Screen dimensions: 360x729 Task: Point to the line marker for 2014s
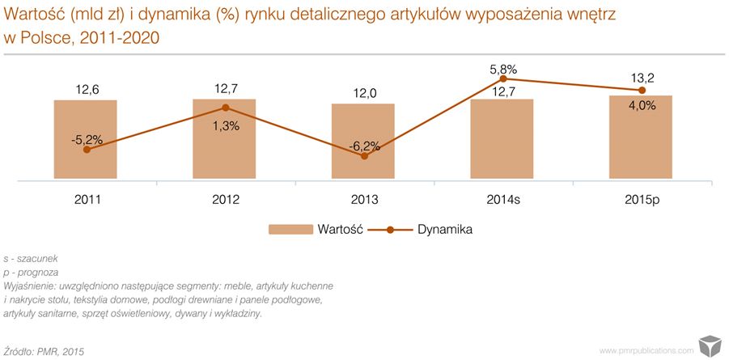coord(502,79)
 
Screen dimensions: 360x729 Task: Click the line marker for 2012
coord(225,108)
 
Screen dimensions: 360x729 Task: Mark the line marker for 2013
coord(364,156)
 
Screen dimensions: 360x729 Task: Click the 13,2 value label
coord(642,78)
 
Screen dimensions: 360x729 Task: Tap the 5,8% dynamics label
coord(502,69)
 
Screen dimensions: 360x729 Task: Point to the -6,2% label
coord(364,146)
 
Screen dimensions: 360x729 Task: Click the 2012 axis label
coord(225,199)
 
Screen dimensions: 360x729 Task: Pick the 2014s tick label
coord(502,199)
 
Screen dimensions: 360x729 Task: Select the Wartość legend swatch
coord(290,230)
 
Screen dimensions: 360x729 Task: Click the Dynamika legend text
coord(445,230)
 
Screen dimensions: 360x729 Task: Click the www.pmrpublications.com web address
coord(646,350)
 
